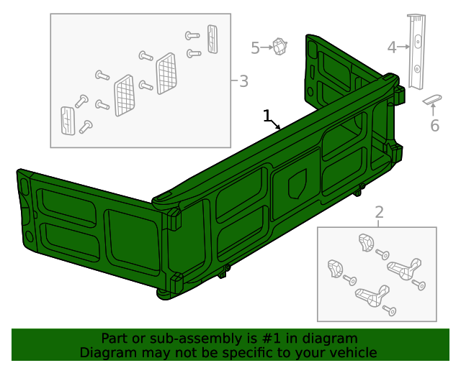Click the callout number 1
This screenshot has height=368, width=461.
[267, 115]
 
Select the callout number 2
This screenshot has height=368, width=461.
[379, 212]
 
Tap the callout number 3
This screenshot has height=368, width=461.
[243, 80]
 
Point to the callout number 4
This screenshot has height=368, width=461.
[392, 47]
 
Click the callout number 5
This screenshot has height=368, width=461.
[255, 48]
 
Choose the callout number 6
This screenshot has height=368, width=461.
[434, 126]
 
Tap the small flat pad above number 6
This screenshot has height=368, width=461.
[431, 98]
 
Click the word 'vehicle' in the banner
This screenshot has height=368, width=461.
[352, 353]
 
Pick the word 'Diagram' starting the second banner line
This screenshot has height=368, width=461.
[107, 353]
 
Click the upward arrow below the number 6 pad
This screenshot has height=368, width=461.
[432, 109]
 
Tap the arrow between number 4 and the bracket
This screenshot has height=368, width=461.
[405, 47]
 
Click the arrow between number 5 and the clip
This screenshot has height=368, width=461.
[267, 48]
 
